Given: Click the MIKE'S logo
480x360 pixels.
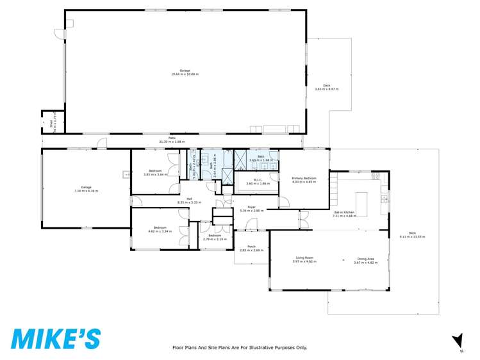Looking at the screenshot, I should click(55, 338).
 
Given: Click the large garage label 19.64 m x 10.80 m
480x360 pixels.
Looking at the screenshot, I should click(185, 72).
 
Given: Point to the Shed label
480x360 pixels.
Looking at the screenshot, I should click(51, 124).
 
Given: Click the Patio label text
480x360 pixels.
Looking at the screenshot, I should click(172, 140).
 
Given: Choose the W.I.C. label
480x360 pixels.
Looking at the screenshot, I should click(258, 182).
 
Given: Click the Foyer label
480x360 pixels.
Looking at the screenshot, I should click(247, 208).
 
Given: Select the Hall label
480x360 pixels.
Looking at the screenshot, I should click(189, 200).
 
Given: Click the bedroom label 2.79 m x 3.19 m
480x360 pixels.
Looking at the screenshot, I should click(215, 237).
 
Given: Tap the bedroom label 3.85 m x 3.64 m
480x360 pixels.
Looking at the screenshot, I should click(154, 172).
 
